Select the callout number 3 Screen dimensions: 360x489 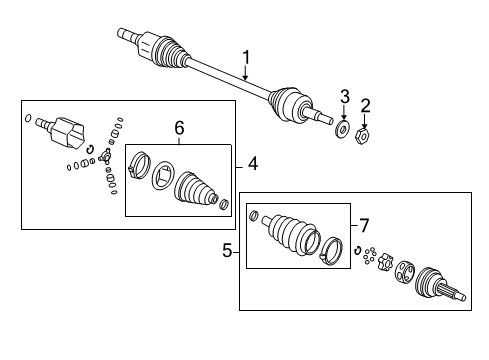point(343,97)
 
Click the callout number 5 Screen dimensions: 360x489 point(229,251)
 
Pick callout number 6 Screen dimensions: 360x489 point(179,127)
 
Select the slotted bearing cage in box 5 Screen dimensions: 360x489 point(406,274)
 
